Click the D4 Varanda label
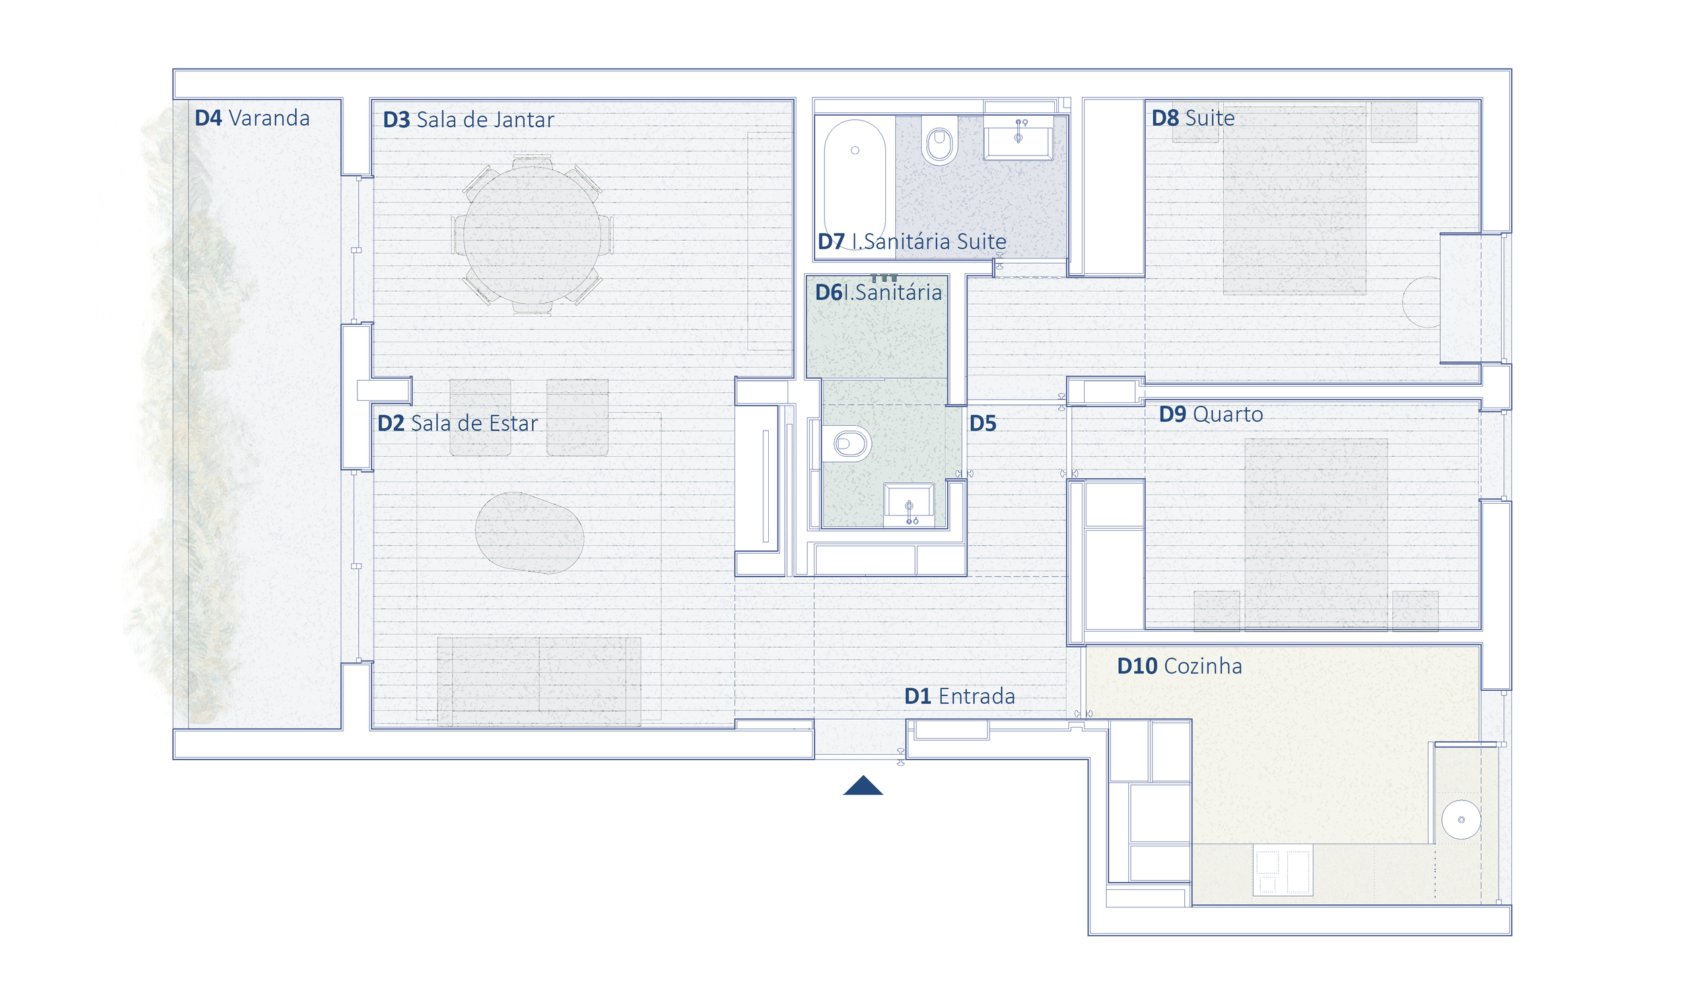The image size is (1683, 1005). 252,118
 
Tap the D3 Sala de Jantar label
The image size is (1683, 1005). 468,120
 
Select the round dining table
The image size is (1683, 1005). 532,235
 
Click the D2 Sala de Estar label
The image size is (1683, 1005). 457,423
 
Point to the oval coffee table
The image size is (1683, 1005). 529,533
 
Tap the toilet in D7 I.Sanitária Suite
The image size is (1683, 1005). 939,141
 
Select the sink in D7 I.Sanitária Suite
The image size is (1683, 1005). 1019,139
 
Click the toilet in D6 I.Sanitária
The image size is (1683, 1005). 846,444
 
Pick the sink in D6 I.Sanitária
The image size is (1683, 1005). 909,505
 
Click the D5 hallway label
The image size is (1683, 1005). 982,424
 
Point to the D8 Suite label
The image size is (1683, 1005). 1193,118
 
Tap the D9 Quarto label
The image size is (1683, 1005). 1211,414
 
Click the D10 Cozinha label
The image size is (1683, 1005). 1179,667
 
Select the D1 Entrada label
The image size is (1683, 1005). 959,696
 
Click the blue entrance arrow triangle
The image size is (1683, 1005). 863,786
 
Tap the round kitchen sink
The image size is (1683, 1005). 1461,820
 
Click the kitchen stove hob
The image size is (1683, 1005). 1282,870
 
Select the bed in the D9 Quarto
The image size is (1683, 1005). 1316,534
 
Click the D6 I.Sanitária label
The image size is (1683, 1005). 878,293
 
